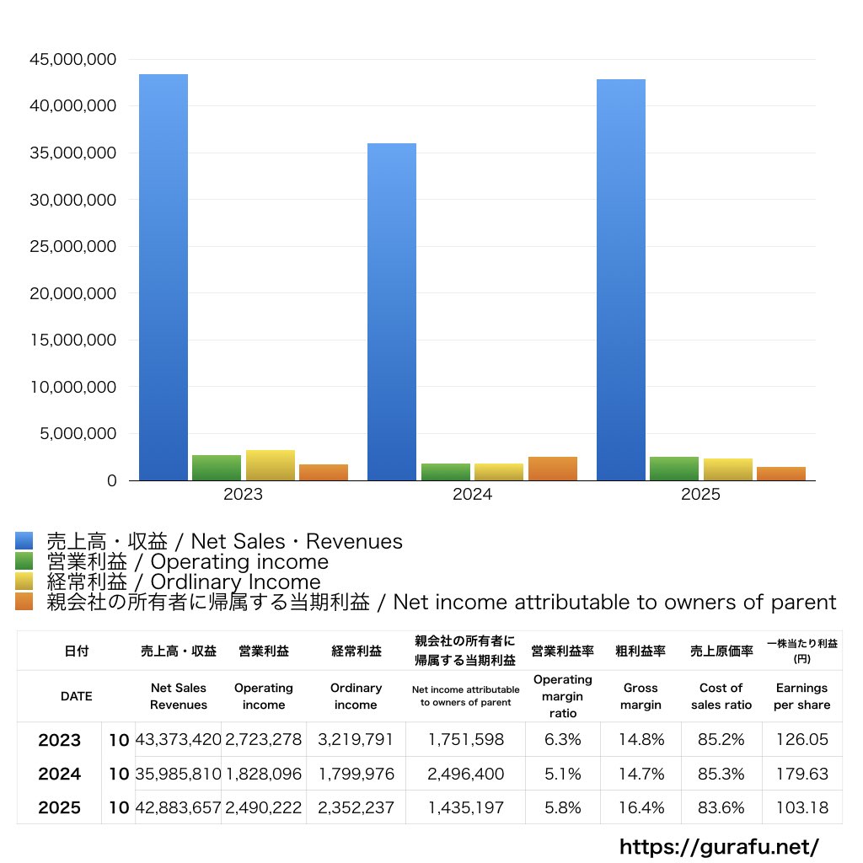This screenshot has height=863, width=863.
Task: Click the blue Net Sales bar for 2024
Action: (392, 312)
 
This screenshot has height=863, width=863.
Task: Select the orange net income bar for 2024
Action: (552, 469)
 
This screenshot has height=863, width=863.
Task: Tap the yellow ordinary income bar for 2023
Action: (270, 465)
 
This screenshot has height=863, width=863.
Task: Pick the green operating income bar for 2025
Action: (673, 469)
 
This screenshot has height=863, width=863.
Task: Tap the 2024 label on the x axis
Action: (472, 495)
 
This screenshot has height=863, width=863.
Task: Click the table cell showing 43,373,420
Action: (178, 740)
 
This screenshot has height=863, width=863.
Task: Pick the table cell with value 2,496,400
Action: (465, 774)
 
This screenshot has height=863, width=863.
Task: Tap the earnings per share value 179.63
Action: (801, 774)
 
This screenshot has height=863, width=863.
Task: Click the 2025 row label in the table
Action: (60, 807)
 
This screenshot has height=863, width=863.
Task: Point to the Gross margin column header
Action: (641, 696)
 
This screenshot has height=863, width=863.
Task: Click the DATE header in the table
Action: (76, 696)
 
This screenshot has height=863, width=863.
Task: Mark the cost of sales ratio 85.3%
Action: (721, 774)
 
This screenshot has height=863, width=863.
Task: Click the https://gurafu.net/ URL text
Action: (719, 846)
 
